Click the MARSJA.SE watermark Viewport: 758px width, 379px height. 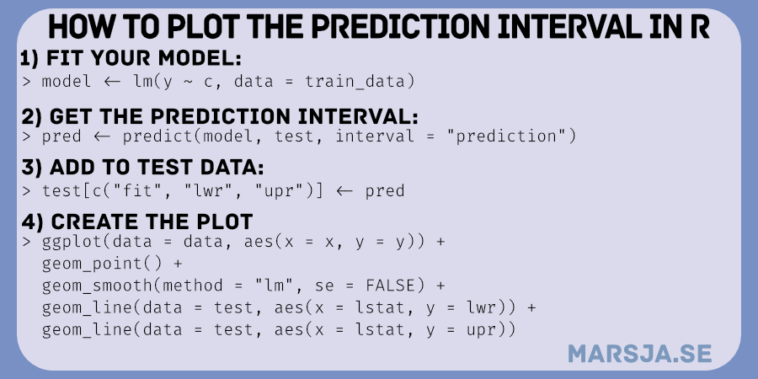click(x=639, y=354)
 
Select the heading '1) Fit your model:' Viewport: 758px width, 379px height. click(x=131, y=58)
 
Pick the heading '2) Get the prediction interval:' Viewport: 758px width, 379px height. click(x=220, y=116)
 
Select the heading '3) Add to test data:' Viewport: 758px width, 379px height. click(x=142, y=168)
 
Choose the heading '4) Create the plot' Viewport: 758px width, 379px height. click(x=136, y=222)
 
